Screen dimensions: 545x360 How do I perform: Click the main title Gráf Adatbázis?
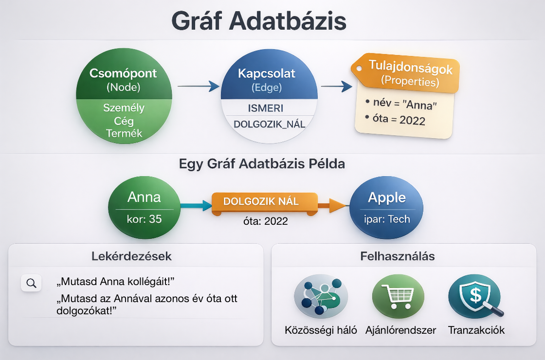pyautogui.click(x=259, y=21)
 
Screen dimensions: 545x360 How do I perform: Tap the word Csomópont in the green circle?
pyautogui.click(x=123, y=73)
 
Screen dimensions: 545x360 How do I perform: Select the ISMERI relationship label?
pyautogui.click(x=266, y=108)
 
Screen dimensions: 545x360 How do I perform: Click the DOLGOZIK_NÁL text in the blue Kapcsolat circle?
pyautogui.click(x=270, y=124)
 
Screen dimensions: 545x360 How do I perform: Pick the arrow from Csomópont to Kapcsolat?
pyautogui.click(x=199, y=86)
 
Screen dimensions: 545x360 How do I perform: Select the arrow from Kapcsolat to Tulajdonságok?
pyautogui.click(x=336, y=86)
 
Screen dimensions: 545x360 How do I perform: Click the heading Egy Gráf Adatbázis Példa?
pyautogui.click(x=262, y=163)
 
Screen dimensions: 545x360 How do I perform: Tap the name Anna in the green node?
pyautogui.click(x=144, y=197)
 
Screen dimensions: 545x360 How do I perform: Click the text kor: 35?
pyautogui.click(x=144, y=219)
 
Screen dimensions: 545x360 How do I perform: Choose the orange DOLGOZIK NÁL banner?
pyautogui.click(x=265, y=202)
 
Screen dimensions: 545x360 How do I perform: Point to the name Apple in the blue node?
pyautogui.click(x=387, y=198)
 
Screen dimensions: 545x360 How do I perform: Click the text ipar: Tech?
pyautogui.click(x=387, y=219)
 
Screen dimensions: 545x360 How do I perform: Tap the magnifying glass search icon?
pyautogui.click(x=31, y=283)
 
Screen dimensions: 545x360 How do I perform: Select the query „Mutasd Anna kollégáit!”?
pyautogui.click(x=115, y=282)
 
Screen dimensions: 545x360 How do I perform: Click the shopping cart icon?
pyautogui.click(x=399, y=296)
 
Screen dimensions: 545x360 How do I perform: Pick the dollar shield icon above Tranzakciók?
pyautogui.click(x=475, y=296)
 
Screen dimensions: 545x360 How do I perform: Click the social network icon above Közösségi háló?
pyautogui.click(x=321, y=296)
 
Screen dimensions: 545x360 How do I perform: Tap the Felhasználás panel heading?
pyautogui.click(x=397, y=256)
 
